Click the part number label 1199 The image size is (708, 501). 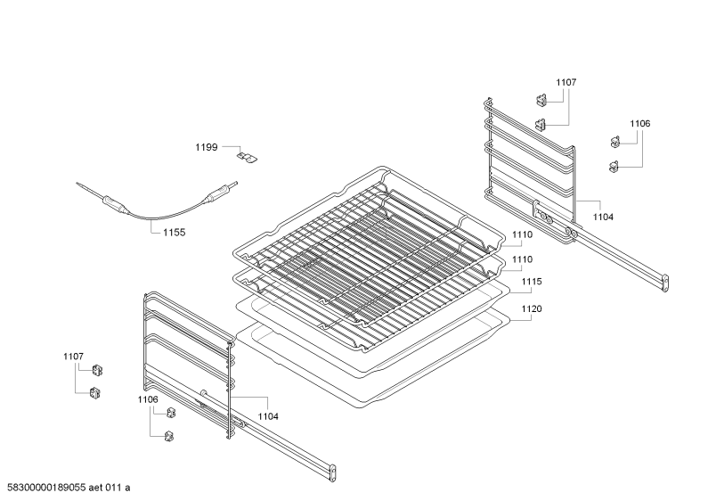(x=207, y=147)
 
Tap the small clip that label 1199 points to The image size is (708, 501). (x=248, y=156)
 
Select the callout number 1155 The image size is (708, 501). (x=174, y=233)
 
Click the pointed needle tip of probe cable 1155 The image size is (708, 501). (x=77, y=184)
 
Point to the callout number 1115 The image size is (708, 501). (x=532, y=281)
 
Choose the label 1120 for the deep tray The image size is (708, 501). (x=532, y=308)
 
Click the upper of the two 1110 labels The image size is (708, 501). (x=523, y=234)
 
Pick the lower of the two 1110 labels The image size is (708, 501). (x=523, y=259)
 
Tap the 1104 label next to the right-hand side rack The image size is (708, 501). (x=603, y=217)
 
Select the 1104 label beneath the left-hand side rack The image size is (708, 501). (x=268, y=416)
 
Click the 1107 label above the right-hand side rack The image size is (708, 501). (x=566, y=82)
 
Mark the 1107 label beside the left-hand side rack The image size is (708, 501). (x=73, y=357)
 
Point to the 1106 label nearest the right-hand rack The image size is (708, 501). (x=640, y=123)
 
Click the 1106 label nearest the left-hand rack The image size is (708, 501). (x=148, y=399)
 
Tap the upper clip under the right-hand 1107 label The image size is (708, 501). (x=541, y=100)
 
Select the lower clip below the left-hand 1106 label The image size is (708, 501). (x=170, y=436)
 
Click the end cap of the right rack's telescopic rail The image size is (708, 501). (x=664, y=283)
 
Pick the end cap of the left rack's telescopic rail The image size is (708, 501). (x=334, y=473)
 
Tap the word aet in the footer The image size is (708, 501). (x=95, y=488)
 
